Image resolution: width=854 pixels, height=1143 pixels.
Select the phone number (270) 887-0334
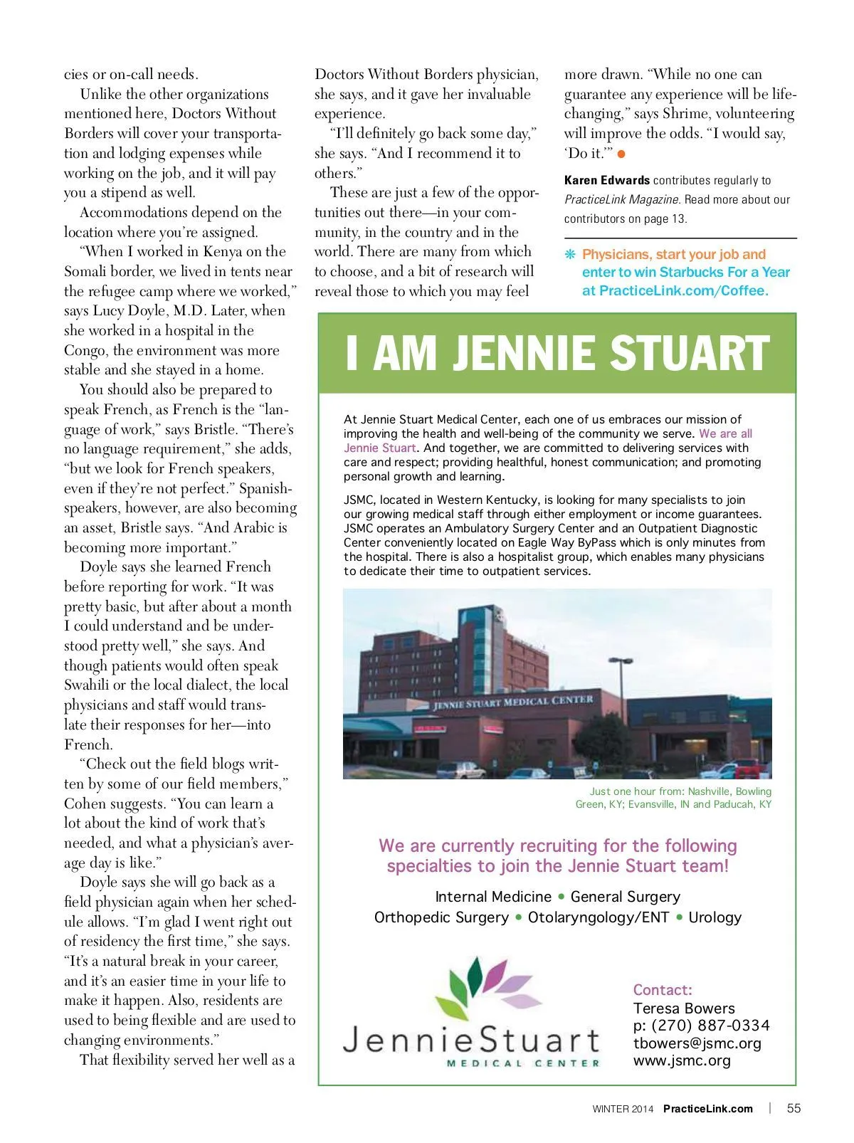710,1026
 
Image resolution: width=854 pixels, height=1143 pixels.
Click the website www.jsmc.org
682,1060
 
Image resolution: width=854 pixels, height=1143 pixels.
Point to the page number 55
794,1108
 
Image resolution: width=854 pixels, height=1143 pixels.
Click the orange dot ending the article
621,154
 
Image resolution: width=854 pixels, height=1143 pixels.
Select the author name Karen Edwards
606,181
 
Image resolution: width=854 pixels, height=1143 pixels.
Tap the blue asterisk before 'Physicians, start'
570,255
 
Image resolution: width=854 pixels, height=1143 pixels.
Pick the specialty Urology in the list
715,917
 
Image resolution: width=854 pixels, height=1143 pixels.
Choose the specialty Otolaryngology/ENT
598,917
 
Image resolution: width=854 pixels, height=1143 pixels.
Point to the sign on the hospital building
512,702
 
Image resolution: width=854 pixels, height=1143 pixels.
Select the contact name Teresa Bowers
684,1008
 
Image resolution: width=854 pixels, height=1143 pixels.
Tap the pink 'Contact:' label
662,990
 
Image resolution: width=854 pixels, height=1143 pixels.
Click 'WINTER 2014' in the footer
623,1109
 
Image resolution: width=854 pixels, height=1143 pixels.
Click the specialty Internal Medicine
493,897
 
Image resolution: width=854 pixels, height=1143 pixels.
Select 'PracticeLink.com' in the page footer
707,1109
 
